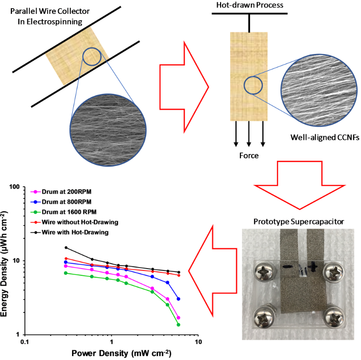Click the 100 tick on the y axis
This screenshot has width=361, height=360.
15,187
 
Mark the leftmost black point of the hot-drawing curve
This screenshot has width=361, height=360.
66,247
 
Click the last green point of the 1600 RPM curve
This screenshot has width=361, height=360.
178,325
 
